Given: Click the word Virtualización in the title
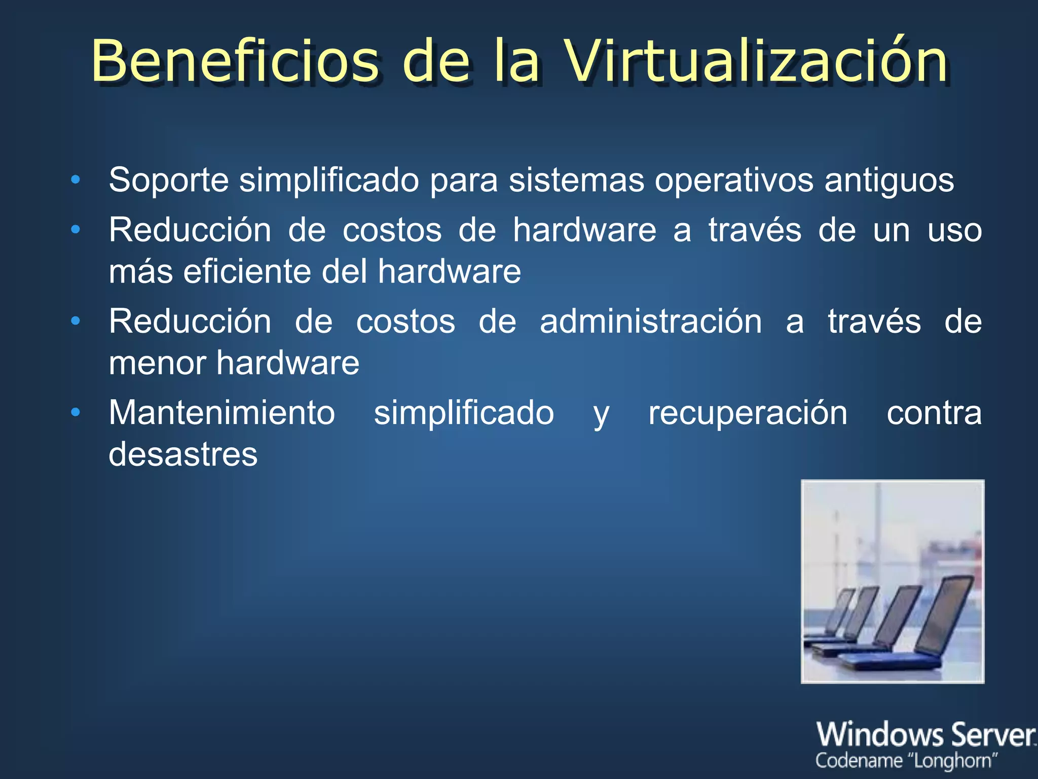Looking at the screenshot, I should (755, 62).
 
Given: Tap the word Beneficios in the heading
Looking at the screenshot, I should (235, 62).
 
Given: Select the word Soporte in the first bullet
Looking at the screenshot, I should (168, 180).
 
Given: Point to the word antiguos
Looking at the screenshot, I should (889, 181).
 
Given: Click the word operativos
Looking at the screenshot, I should (733, 181).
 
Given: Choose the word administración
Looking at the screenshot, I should (650, 322).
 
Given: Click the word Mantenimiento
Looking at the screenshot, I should (221, 412).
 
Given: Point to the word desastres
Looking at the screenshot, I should (183, 454).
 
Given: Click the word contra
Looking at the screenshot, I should (934, 413).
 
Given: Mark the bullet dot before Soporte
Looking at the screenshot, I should (76, 180).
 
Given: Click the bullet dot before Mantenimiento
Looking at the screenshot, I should (76, 412).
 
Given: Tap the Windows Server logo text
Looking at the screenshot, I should (925, 734).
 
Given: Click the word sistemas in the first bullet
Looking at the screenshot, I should (576, 180).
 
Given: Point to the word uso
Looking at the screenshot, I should (954, 230).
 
